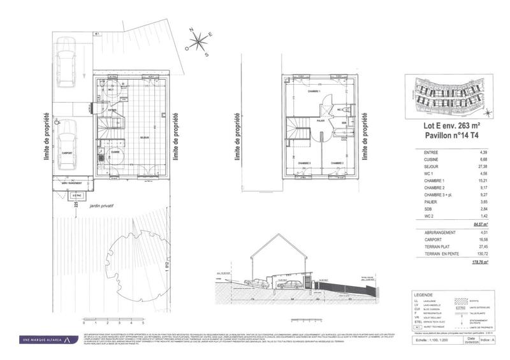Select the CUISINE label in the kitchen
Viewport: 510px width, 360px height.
115,152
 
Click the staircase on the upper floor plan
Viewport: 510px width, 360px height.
298,131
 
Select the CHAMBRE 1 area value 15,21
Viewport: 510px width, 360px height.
482,189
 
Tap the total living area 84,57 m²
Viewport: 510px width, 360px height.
480,224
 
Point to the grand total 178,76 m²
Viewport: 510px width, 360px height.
479,262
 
